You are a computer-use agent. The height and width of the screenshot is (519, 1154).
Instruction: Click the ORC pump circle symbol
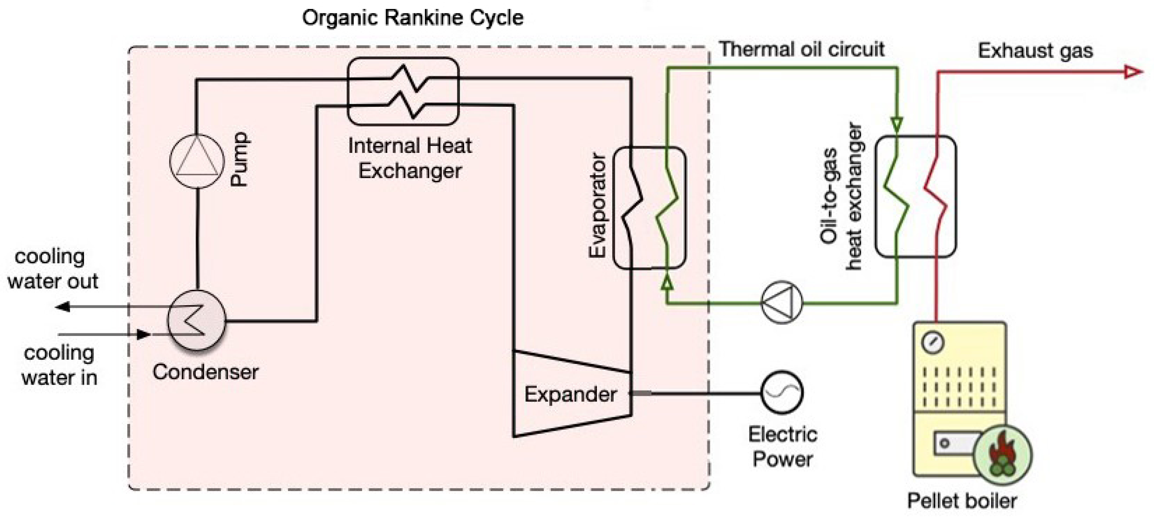click(x=196, y=161)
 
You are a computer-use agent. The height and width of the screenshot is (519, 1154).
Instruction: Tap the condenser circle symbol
click(x=196, y=320)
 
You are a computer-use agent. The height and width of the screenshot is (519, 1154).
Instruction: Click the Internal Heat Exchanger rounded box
click(x=403, y=90)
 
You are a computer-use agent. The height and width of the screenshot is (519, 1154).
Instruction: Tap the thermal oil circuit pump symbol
click(x=782, y=302)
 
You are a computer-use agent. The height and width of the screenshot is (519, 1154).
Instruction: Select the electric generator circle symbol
click(x=782, y=392)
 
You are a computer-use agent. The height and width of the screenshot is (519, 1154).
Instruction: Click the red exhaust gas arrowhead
click(x=1134, y=72)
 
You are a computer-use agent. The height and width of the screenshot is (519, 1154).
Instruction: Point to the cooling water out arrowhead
click(x=63, y=307)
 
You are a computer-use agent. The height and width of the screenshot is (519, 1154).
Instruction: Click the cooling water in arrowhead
click(x=143, y=334)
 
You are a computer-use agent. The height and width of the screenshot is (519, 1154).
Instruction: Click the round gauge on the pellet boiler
click(x=933, y=343)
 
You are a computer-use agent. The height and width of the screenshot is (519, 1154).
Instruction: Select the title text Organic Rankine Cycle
click(x=413, y=18)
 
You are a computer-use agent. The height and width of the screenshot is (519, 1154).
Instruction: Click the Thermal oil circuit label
click(x=802, y=49)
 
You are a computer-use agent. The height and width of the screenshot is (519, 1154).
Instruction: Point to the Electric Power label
click(x=782, y=446)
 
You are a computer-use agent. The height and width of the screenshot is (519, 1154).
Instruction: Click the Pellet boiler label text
click(x=961, y=501)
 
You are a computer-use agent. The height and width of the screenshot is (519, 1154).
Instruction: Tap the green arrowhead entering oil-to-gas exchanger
click(x=896, y=124)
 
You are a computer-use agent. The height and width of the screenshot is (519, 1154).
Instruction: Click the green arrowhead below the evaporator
click(x=667, y=283)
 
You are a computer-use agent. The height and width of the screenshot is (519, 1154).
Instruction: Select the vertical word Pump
click(x=239, y=159)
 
